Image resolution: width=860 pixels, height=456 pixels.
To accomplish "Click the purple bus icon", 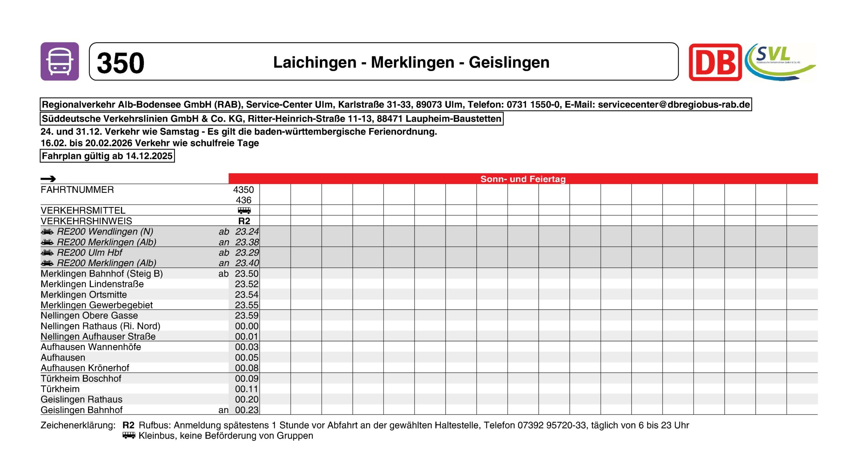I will (60, 61).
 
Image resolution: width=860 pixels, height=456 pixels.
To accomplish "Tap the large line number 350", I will (120, 63).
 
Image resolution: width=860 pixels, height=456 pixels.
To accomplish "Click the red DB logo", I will (715, 63).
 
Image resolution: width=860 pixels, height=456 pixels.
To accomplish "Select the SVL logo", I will (779, 62).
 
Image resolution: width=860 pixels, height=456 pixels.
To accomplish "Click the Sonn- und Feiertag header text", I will (523, 179).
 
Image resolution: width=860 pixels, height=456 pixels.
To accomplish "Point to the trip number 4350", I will (244, 190).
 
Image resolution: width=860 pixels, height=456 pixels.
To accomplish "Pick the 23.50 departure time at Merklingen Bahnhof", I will (247, 274).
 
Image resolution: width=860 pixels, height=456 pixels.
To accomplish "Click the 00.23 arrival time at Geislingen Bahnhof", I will (247, 410).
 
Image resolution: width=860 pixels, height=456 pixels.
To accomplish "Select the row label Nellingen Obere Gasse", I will (89, 316).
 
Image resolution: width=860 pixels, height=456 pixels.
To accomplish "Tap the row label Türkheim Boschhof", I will (81, 378).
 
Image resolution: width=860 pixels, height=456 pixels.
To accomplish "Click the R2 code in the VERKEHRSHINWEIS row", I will (244, 221).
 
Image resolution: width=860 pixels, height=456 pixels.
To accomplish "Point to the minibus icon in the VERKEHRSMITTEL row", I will (244, 211).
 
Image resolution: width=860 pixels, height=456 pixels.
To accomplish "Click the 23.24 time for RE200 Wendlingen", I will (247, 232).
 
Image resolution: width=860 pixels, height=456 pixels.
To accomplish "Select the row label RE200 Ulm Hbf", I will (89, 253).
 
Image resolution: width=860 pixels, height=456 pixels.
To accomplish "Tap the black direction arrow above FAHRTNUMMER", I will (48, 179).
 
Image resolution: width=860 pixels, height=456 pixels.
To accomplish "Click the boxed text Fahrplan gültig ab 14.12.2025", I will (107, 156).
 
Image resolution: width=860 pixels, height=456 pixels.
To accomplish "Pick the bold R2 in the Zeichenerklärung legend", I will (128, 425).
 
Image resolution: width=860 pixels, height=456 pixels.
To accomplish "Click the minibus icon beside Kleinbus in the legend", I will (129, 436).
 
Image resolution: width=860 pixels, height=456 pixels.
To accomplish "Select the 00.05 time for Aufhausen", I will (247, 358).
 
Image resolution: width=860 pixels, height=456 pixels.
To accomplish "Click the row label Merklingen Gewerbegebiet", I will (97, 305).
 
